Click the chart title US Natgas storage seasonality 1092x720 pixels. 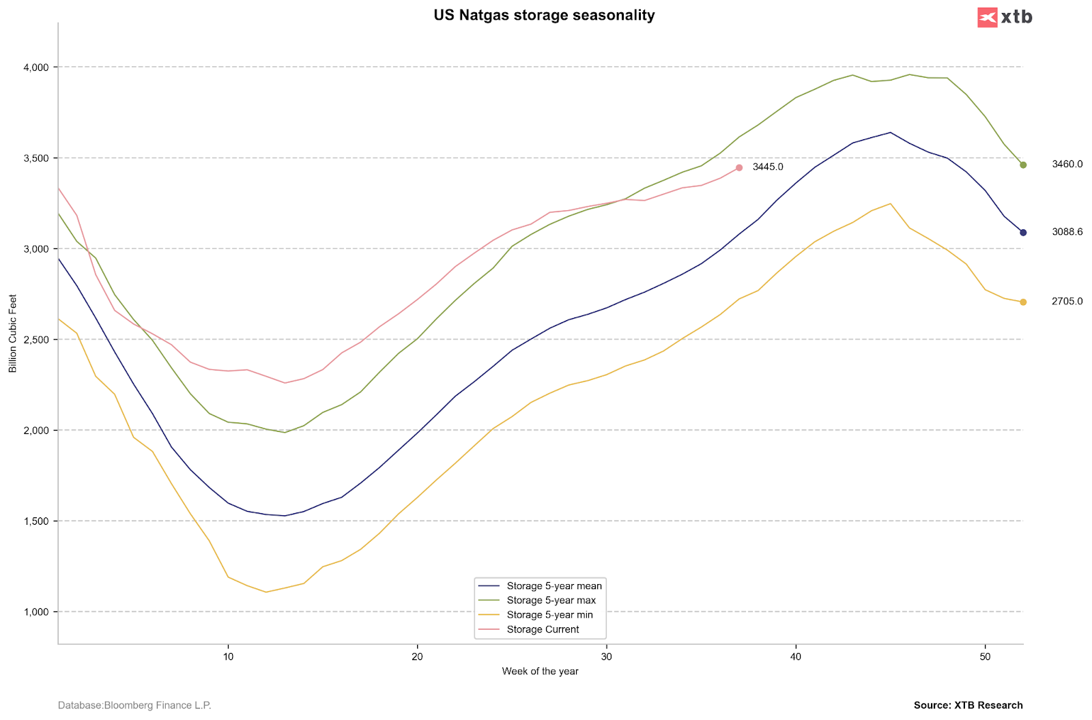pos(544,15)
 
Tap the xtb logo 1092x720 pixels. pos(1005,17)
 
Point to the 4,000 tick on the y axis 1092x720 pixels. pos(36,68)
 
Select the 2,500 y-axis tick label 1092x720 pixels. pos(36,340)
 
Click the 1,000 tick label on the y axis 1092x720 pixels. pos(36,612)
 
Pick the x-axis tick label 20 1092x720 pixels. pos(417,657)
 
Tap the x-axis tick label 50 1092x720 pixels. pos(985,657)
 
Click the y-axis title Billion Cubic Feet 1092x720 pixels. pos(13,334)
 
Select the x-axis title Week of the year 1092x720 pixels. pos(540,672)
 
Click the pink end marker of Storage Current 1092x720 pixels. pos(739,168)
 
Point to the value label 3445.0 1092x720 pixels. pos(768,167)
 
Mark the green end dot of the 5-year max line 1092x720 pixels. pos(1023,165)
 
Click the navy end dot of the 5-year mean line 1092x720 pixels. pos(1023,233)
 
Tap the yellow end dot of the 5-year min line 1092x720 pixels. pos(1023,302)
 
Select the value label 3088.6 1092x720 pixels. pos(1067,232)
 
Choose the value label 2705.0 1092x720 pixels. pos(1067,302)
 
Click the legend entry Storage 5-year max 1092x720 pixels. pos(551,601)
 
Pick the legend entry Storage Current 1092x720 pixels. pos(543,630)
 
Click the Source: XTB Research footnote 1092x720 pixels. pos(968,706)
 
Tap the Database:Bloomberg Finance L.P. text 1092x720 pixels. pos(134,706)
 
